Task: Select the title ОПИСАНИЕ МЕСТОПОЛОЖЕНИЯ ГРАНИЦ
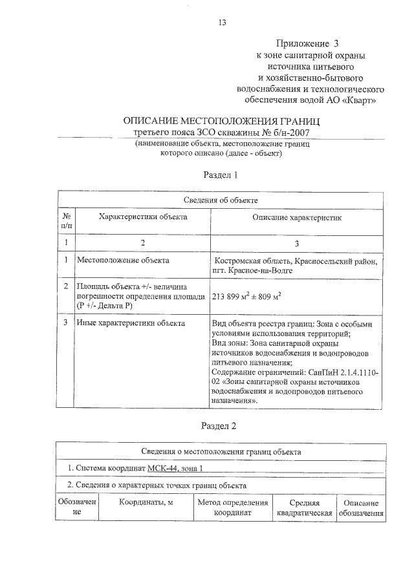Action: [222, 121]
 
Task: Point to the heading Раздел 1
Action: [221, 175]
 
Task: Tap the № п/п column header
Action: [66, 222]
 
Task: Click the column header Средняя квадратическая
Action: [304, 507]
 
